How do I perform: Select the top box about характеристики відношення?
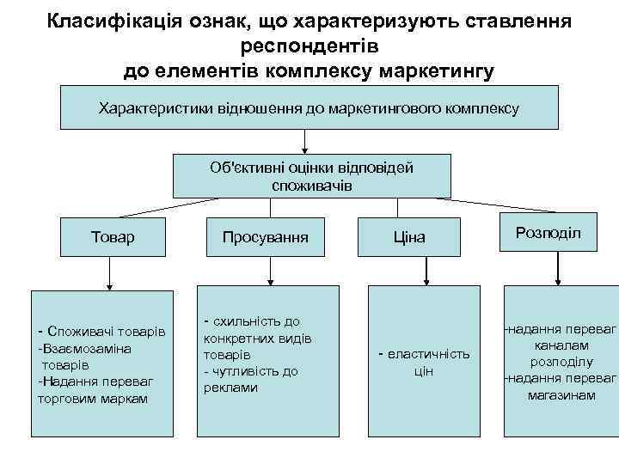point(309,108)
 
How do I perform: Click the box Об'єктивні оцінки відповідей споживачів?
point(311,176)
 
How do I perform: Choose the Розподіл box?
point(548,233)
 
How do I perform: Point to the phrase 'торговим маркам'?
point(93,398)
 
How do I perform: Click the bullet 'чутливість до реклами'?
point(250,379)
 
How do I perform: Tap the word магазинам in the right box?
point(561,394)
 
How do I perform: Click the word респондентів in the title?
point(310,46)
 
